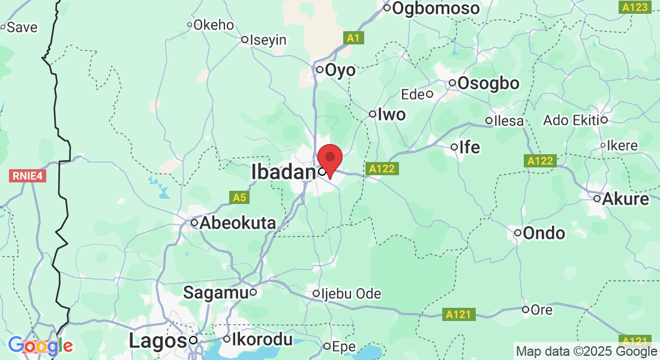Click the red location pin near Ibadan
(329, 159)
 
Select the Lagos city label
(158, 341)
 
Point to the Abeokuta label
(238, 223)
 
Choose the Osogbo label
(488, 84)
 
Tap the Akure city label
(626, 199)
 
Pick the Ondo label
(544, 233)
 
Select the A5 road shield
(239, 197)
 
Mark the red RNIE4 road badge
(28, 176)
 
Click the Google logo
(40, 346)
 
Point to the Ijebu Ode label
(352, 294)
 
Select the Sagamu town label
(215, 293)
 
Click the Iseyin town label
(269, 40)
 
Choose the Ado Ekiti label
(571, 120)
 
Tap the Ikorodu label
(263, 340)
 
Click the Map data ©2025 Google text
(587, 352)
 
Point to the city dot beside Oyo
(320, 70)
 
